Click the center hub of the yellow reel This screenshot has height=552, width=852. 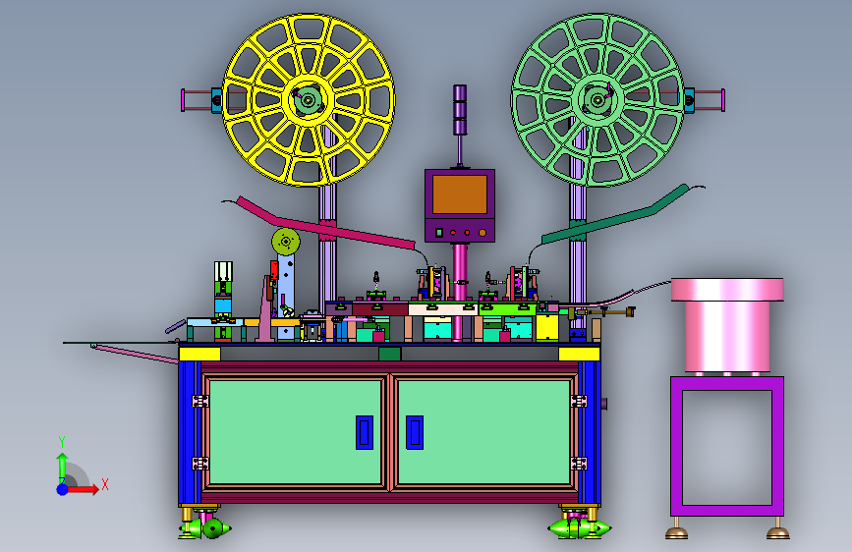[309, 100]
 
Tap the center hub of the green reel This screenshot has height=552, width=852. [597, 100]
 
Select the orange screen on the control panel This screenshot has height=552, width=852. [460, 193]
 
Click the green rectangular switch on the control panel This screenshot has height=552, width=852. [439, 233]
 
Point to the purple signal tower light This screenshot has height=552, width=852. [460, 110]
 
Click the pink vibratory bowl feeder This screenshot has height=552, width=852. [727, 325]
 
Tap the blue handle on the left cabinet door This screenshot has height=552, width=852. [365, 432]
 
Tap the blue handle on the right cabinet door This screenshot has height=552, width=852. [415, 432]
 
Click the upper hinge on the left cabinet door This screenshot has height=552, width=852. [199, 401]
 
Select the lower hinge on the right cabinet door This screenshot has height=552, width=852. [579, 464]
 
